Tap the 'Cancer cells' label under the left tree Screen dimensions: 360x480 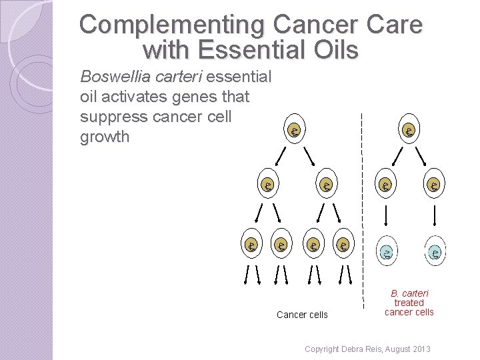point(302,315)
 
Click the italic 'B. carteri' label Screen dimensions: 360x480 point(409,293)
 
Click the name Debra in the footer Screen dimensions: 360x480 point(353,349)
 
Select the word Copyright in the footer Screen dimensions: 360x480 point(321,349)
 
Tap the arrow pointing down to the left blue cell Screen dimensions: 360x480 point(386,215)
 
